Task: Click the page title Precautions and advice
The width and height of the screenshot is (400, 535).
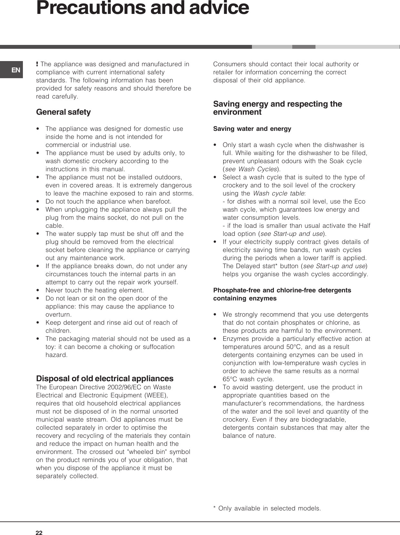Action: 142,8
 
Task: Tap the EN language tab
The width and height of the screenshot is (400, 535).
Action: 16,70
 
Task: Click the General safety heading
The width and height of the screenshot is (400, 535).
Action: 64,112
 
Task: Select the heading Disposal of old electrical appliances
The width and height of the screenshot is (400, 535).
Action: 105,378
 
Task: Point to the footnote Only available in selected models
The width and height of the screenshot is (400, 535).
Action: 267,508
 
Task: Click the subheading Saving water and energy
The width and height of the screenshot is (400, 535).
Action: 252,129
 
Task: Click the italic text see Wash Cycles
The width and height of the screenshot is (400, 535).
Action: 251,169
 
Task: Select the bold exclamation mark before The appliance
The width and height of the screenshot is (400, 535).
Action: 38,64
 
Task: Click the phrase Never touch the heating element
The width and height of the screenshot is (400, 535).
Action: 95,290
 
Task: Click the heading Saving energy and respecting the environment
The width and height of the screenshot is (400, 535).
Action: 277,108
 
